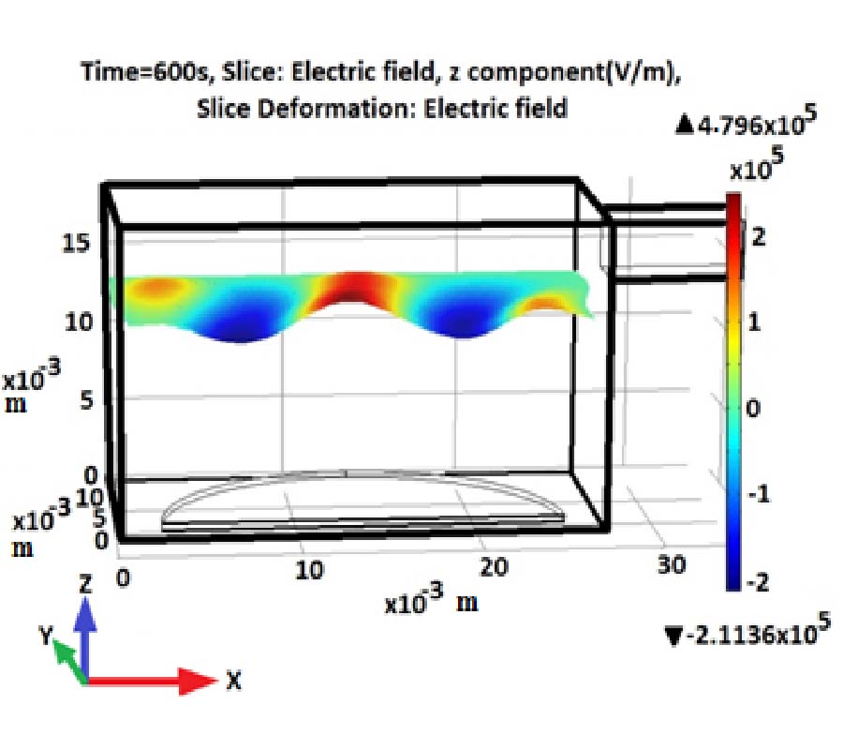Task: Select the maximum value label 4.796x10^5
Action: [748, 124]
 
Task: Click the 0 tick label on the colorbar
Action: [758, 408]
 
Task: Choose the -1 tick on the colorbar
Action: [756, 494]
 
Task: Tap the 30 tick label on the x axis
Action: [672, 563]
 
